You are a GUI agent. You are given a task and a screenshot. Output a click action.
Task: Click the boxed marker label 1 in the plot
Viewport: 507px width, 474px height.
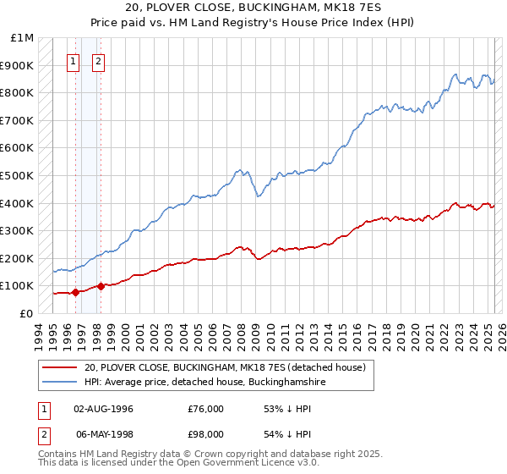[74, 61]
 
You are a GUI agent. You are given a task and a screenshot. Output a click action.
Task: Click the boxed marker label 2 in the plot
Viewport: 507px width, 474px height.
[99, 61]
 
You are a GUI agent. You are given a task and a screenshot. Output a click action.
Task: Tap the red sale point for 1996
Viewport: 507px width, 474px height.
[75, 292]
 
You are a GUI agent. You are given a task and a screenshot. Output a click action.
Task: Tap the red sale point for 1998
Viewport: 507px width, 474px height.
[101, 286]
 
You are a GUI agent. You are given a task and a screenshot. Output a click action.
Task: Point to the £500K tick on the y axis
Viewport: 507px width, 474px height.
[19, 175]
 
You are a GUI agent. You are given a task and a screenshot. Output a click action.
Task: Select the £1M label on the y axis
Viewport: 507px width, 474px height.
[23, 38]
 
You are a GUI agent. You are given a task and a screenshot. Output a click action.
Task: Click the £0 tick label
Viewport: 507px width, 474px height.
[26, 313]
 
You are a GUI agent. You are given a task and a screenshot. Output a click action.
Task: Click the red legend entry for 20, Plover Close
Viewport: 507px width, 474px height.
[224, 367]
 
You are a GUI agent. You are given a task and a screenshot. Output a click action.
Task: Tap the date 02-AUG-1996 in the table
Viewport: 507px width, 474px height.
[104, 409]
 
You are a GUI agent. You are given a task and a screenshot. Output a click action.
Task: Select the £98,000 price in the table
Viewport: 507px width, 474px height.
[205, 434]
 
